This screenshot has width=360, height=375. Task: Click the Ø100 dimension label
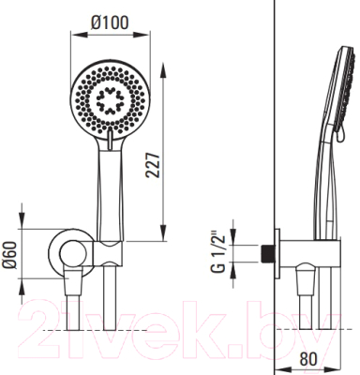110,23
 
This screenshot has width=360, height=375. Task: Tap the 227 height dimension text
154,166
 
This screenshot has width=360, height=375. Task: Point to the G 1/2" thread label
218,252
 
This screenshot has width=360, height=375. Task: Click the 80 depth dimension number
307,359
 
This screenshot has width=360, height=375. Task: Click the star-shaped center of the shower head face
110,100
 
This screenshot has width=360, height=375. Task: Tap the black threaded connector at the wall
266,253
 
